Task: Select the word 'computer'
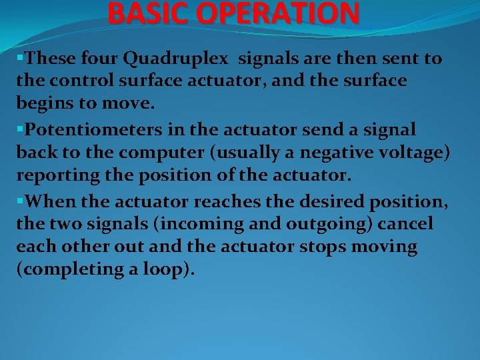click(144, 152)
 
